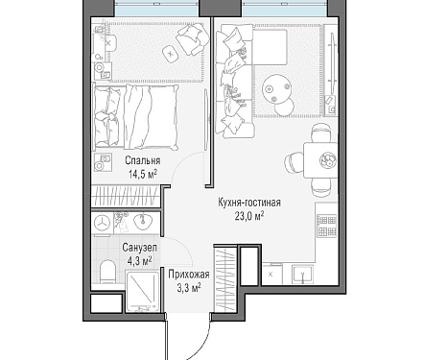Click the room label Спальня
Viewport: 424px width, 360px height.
click(143, 160)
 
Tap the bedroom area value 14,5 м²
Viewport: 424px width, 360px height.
click(143, 175)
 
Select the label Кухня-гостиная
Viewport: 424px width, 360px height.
click(249, 203)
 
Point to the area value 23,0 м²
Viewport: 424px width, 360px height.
click(249, 217)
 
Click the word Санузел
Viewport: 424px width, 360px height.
click(140, 248)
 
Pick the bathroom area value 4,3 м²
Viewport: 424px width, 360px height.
click(140, 261)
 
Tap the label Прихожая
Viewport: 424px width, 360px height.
click(189, 275)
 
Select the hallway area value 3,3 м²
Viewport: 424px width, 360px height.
click(189, 288)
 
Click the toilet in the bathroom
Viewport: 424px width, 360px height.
click(107, 272)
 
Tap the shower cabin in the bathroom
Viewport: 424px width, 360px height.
click(143, 291)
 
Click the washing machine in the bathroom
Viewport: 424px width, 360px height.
click(102, 223)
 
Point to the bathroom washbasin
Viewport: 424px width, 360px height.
click(143, 222)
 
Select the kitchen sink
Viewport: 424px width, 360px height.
click(302, 275)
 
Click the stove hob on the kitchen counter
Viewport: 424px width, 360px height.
click(327, 226)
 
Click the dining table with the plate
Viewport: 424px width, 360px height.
click(320, 160)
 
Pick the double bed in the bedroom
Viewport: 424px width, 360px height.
click(135, 117)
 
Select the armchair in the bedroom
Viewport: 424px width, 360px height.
click(191, 39)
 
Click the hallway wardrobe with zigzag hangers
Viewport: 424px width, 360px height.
click(225, 278)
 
